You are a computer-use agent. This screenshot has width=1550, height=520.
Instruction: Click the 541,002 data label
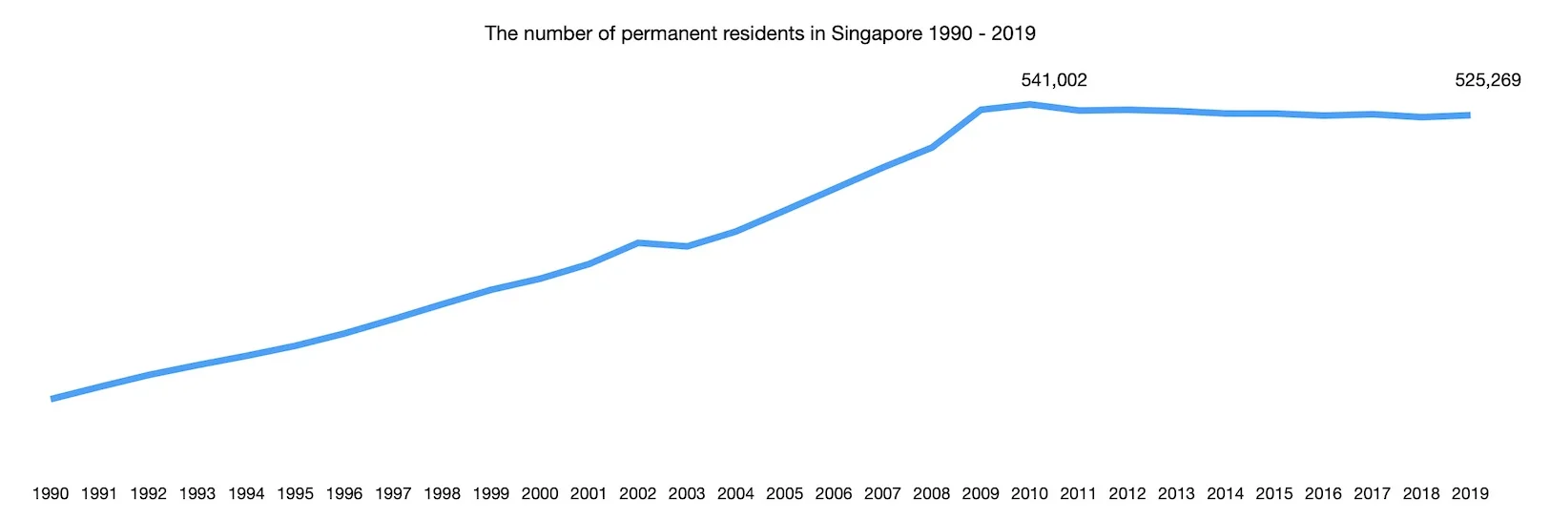[1053, 80]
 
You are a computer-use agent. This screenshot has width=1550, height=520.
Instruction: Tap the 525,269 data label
[1487, 80]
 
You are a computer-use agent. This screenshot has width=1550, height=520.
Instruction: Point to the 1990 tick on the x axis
[51, 493]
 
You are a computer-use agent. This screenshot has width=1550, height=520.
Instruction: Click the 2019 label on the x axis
[1470, 493]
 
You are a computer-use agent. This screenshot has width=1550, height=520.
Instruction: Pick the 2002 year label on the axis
[637, 493]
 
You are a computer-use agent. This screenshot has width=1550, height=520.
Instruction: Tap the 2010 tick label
[1029, 493]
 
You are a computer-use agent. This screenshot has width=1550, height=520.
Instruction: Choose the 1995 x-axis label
[295, 493]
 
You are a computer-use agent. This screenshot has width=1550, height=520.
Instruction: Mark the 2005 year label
[784, 493]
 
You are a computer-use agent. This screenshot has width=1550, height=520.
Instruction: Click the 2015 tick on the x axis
[1273, 493]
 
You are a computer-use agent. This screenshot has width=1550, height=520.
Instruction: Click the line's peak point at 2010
[1030, 104]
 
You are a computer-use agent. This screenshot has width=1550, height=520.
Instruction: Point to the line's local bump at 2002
[638, 242]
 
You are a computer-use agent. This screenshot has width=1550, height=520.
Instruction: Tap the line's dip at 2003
[687, 246]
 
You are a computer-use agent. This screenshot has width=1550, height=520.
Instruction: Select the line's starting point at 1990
[52, 399]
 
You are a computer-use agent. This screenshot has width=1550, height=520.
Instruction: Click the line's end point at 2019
[1469, 115]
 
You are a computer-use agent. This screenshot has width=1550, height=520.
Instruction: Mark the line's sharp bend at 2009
[981, 110]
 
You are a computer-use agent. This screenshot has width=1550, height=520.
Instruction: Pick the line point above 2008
[932, 147]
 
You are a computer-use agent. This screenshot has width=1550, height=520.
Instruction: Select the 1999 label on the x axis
[490, 493]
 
